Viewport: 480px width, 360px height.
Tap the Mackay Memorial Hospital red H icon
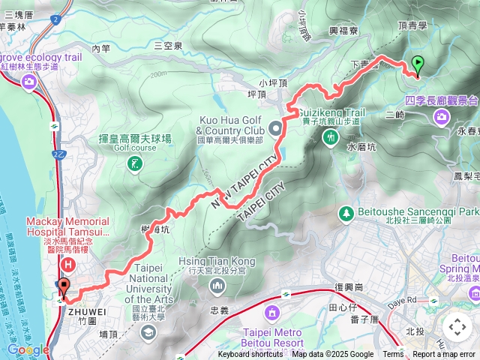point(69,264)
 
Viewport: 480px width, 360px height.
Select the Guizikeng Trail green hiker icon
point(331,137)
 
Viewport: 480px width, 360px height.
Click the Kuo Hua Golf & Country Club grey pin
point(276,128)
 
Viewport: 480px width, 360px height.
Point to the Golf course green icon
point(135,163)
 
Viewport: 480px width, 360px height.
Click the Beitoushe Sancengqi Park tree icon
point(346,214)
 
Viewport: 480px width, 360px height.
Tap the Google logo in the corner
point(28,349)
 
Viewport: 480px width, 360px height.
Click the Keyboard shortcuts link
point(250,355)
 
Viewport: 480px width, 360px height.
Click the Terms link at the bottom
point(393,355)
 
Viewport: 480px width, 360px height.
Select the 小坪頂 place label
point(274,83)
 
